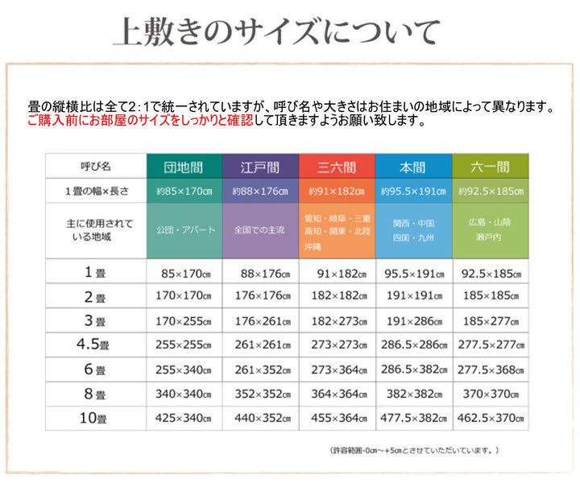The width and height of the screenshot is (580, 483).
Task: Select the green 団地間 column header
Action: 183,167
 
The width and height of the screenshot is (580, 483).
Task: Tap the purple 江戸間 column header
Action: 260,167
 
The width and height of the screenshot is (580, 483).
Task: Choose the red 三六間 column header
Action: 336,167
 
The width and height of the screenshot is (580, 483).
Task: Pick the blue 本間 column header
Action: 413,167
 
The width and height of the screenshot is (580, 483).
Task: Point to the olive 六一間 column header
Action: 490,167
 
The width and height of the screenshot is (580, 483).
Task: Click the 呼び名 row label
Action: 95,167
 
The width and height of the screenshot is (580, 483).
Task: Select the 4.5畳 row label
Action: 95,345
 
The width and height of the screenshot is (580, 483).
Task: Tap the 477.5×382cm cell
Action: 413,418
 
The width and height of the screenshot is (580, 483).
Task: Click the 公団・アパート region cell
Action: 185,229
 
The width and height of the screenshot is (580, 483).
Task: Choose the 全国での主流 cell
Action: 259,229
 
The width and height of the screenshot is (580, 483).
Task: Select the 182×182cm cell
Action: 336,296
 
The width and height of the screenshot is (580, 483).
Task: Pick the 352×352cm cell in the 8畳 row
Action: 259,394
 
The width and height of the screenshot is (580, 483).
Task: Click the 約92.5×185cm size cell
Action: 490,192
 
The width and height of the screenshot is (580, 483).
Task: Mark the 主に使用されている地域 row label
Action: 95,229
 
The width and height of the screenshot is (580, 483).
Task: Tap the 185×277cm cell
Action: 490,320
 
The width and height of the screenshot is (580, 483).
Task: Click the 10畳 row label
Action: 95,419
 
